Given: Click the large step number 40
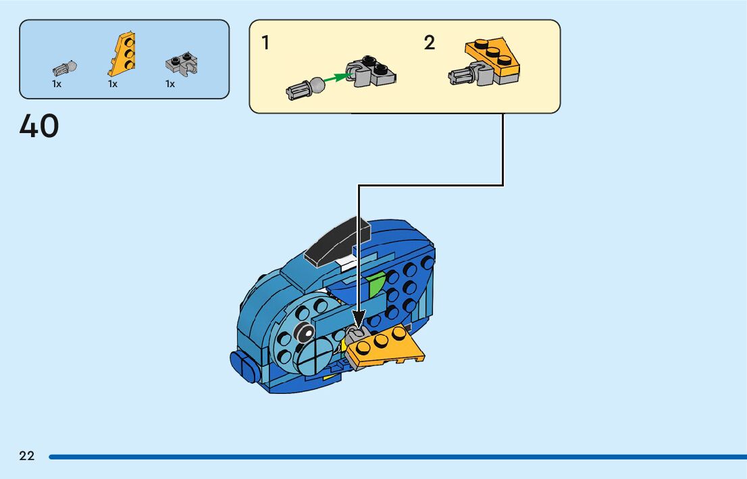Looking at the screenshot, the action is click(39, 126).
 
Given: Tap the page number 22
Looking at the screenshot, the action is click(27, 456).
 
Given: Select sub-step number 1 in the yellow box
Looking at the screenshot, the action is click(265, 43).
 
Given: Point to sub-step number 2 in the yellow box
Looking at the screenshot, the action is click(430, 43).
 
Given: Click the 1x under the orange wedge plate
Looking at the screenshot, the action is click(113, 84).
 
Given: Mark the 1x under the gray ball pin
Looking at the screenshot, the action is click(57, 84).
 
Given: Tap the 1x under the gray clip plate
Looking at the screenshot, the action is click(170, 84).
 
